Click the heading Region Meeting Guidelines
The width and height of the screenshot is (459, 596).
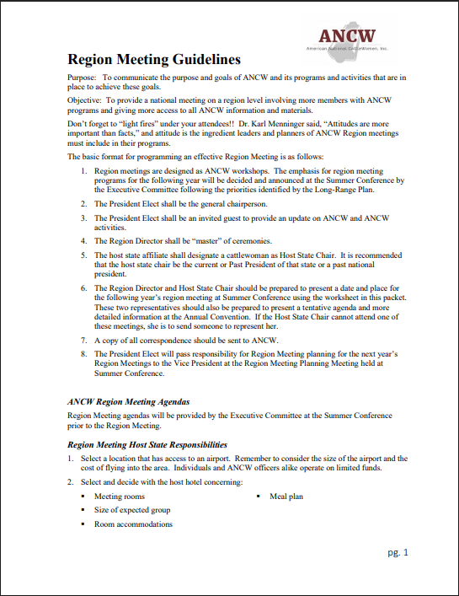[x=153, y=60]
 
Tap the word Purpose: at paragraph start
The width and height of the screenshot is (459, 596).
[x=83, y=78]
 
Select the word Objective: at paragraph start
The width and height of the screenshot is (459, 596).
[x=85, y=99]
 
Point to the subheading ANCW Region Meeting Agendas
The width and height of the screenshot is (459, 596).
[x=129, y=401]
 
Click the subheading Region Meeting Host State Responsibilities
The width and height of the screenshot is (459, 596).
[x=147, y=444]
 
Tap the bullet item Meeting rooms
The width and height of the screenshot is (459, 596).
[x=120, y=497]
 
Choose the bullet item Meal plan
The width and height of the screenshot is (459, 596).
[x=286, y=497]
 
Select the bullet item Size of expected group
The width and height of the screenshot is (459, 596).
[x=132, y=510]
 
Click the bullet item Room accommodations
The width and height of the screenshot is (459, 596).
[x=133, y=524]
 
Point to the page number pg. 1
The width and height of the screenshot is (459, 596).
[x=398, y=553]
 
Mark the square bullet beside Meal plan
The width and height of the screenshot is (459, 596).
[x=259, y=497]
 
